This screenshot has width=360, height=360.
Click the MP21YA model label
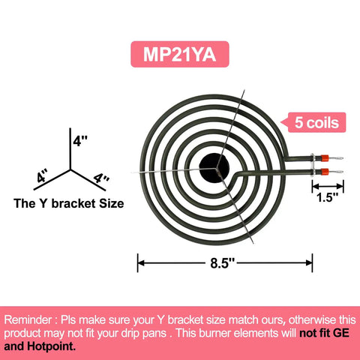pyautogui.click(x=180, y=54)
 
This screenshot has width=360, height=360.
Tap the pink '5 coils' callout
pyautogui.click(x=316, y=122)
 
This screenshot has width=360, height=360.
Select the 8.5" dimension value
pyautogui.click(x=222, y=263)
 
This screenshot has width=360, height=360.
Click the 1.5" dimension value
pyautogui.click(x=327, y=197)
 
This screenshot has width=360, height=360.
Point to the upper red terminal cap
pyautogui.click(x=325, y=158)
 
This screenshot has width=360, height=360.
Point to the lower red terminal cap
pyautogui.click(x=325, y=172)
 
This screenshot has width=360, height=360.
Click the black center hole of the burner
pyautogui.click(x=214, y=167)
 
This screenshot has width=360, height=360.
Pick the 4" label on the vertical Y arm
pyautogui.click(x=80, y=141)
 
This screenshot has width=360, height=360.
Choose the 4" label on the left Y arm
pyautogui.click(x=42, y=175)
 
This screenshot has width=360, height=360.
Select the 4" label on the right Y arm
pyautogui.click(x=101, y=178)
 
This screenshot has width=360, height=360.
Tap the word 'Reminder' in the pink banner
pyautogui.click(x=28, y=320)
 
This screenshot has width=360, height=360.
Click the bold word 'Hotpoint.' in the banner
pyautogui.click(x=51, y=346)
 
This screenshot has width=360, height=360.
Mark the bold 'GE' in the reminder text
pyautogui.click(x=340, y=333)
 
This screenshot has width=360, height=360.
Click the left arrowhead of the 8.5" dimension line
pyautogui.click(x=141, y=263)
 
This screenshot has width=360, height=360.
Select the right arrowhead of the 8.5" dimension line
pyautogui.click(x=309, y=263)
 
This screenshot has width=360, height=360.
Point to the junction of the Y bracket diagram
pyautogui.click(x=70, y=169)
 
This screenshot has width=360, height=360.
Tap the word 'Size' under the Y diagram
pyautogui.click(x=112, y=203)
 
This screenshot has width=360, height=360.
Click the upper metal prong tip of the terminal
pyautogui.click(x=342, y=158)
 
